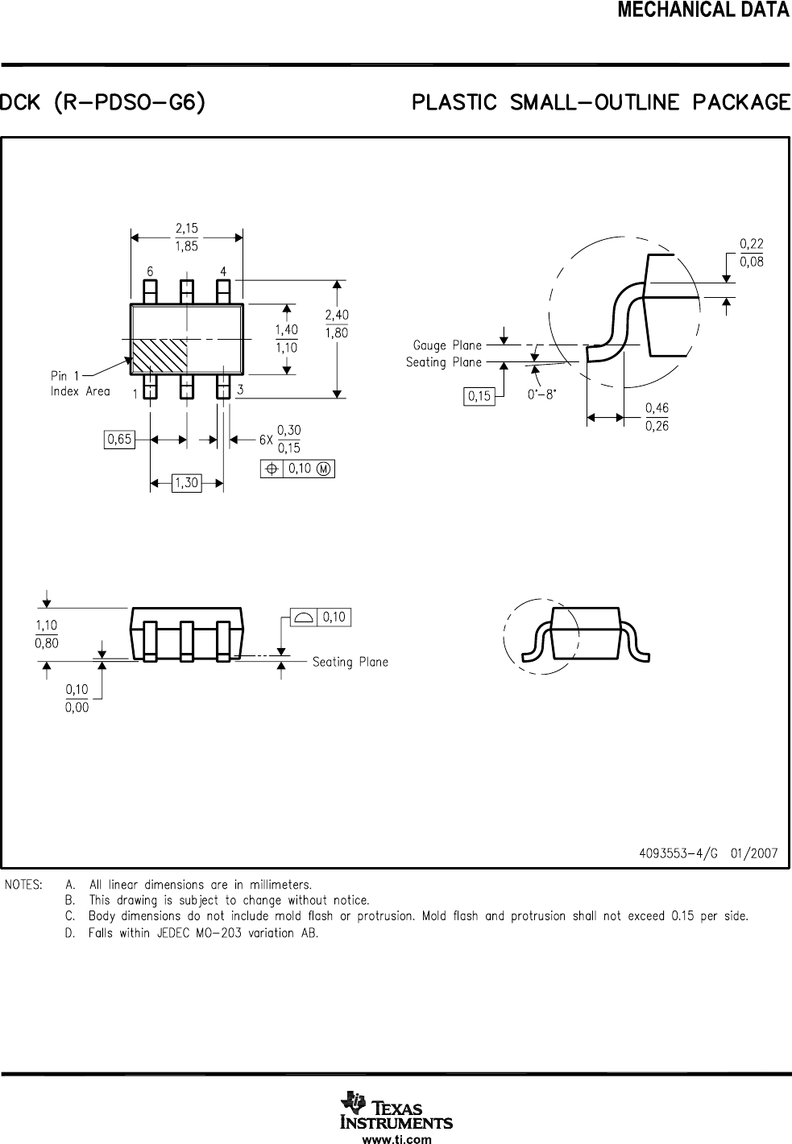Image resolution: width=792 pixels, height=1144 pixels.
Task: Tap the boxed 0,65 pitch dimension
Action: coord(119,440)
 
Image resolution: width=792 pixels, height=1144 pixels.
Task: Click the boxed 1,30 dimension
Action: coord(186,483)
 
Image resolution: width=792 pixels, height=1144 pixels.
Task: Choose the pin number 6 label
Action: coord(150,271)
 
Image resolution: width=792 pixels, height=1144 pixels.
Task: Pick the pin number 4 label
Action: coord(223,271)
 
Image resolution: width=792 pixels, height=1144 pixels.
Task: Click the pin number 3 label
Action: coord(240,390)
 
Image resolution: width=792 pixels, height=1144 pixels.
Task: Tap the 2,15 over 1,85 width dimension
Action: coord(187,237)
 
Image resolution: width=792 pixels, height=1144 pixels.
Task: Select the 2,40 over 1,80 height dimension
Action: coord(337,324)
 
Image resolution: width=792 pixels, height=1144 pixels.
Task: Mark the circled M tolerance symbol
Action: coord(324,469)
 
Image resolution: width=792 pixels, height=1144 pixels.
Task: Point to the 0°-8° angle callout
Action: coord(541,395)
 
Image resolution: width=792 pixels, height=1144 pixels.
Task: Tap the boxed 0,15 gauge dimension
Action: coord(479,396)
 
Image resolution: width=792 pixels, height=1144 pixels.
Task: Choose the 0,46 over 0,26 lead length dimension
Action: coord(657,417)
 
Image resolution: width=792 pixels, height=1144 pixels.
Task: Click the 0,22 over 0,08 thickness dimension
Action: coord(751,253)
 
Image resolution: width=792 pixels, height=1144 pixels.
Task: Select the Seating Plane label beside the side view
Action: coord(350,662)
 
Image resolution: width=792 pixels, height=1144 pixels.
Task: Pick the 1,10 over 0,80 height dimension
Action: coord(47,634)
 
